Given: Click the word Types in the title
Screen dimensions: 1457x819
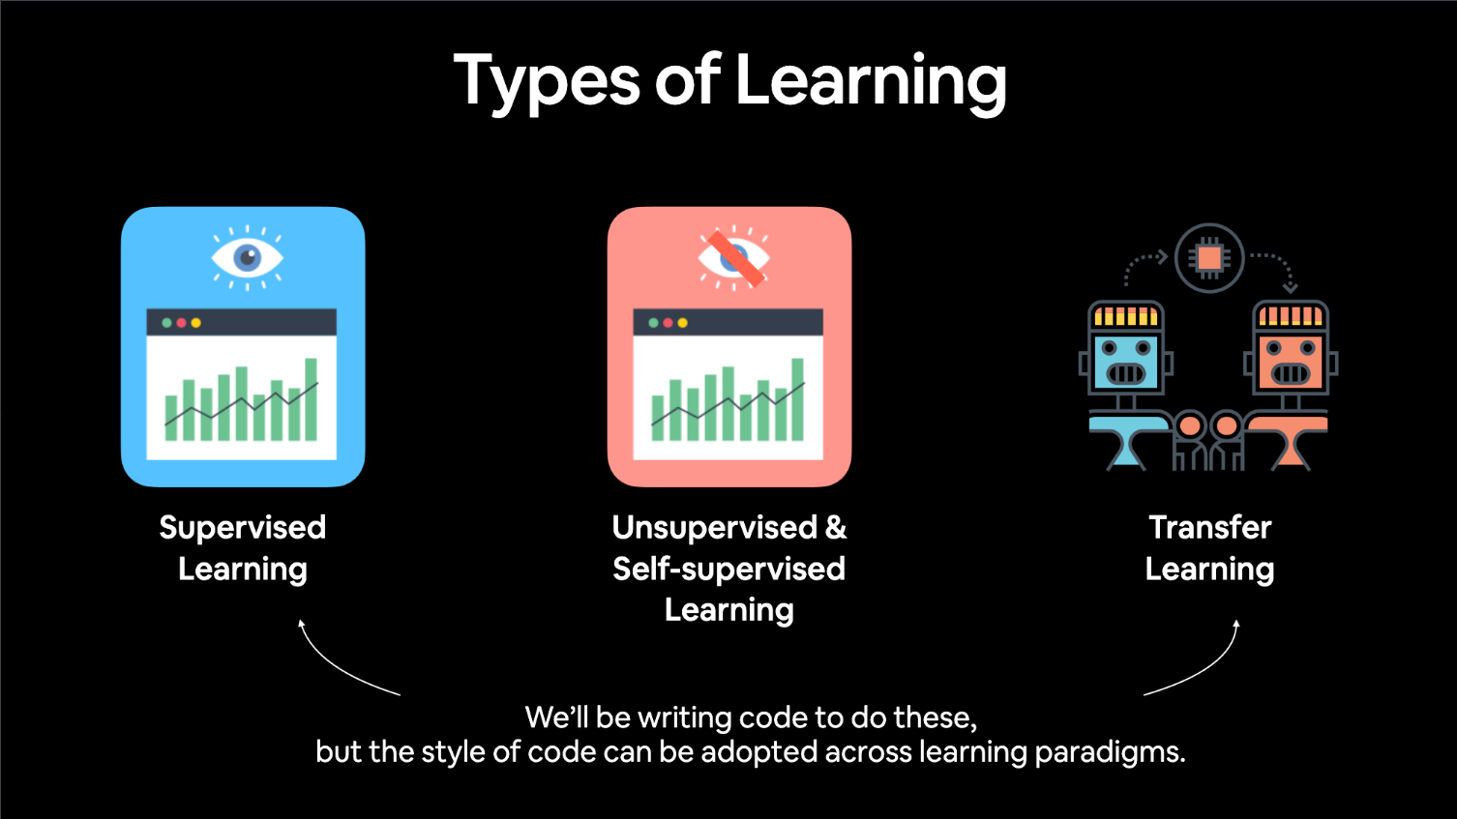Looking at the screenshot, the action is pos(547,81).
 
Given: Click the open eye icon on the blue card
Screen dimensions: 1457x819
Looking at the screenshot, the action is pos(247,258).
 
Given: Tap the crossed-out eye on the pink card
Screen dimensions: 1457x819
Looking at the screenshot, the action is pos(733,258).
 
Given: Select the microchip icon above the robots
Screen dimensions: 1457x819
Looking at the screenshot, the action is pos(1209,258).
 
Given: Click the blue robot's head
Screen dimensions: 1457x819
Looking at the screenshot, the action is pos(1126,348).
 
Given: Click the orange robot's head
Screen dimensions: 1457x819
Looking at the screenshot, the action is pos(1291,348).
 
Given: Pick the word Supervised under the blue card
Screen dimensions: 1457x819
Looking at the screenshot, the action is pos(243,528).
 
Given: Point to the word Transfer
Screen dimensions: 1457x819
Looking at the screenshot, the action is pos(1210,526).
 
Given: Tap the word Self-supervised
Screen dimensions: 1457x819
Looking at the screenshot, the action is pos(729,570).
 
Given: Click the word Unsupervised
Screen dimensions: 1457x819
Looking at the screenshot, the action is pos(714,528).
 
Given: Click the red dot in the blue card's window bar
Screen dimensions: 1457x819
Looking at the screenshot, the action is pos(182,323).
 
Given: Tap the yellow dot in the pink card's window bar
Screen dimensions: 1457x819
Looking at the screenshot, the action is pos(682,323).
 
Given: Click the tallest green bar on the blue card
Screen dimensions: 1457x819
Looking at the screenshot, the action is pos(311,399).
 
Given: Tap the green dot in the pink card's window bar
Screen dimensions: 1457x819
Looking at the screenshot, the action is pos(653,323).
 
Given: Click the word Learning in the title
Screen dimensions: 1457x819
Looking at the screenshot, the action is pos(871,83).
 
